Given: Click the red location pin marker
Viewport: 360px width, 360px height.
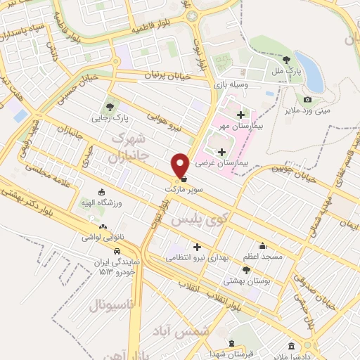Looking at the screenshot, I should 180,165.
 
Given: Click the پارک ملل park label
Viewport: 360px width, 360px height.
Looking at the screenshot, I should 287,71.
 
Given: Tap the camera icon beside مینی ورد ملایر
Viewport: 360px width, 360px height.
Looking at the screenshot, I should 307,101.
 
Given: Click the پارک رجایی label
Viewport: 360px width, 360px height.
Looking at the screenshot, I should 108,118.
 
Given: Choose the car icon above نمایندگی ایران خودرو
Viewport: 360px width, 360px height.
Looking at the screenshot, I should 119,251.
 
